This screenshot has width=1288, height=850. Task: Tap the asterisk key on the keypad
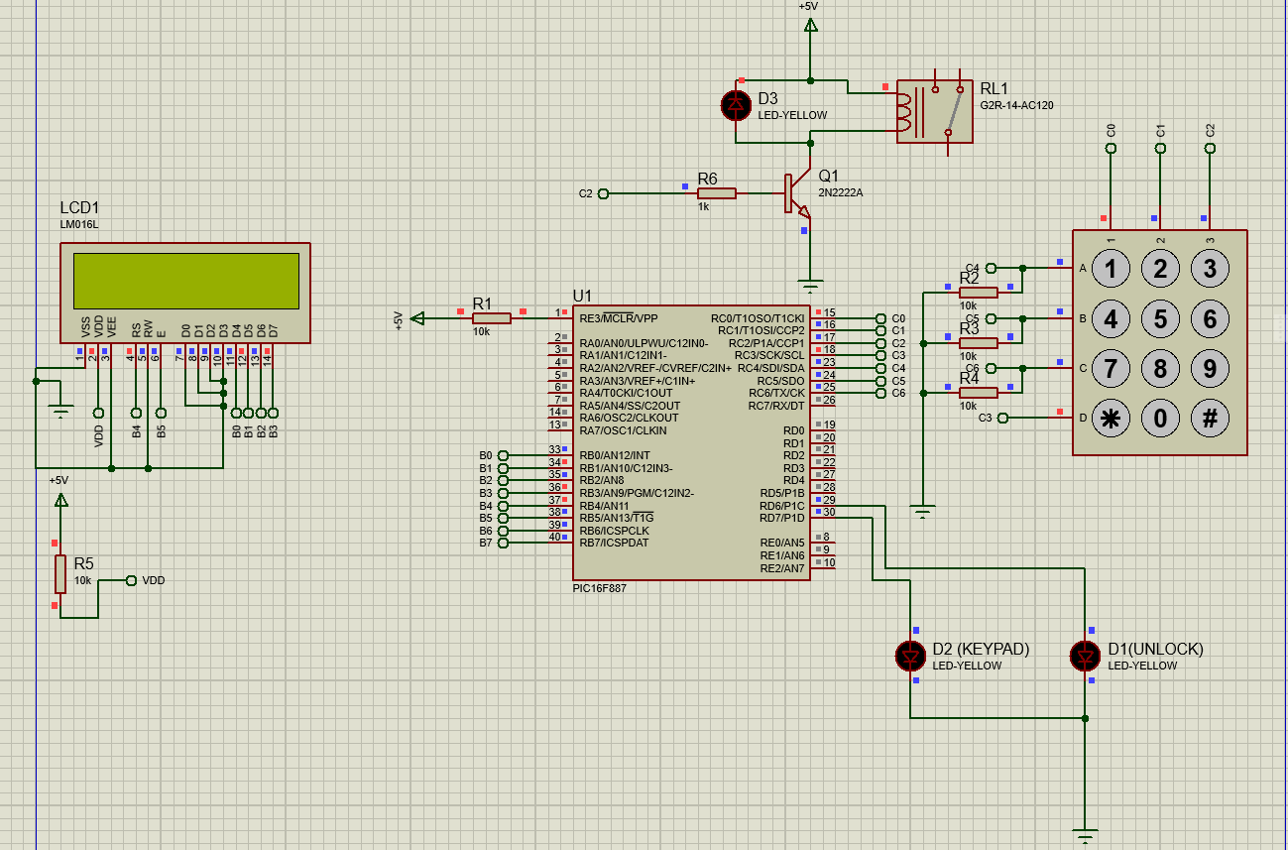point(1111,419)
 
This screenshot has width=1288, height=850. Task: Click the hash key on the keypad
point(1210,419)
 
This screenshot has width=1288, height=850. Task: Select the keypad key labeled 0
point(1160,419)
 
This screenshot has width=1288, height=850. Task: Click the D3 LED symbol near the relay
point(736,105)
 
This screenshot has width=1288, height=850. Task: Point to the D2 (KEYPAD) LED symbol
point(910,656)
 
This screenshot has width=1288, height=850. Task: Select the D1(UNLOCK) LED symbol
point(1085,656)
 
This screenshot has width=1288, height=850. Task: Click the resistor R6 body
point(717,193)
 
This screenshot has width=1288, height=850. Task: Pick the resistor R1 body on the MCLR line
point(491,318)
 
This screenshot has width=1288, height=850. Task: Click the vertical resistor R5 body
point(60,574)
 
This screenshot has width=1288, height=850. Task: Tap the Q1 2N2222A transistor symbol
point(798,193)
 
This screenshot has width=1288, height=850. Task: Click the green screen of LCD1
point(186,281)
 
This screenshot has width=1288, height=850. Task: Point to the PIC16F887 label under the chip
point(599,588)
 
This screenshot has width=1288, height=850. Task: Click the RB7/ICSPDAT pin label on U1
point(614,543)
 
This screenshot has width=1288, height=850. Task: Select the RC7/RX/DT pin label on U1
point(776,406)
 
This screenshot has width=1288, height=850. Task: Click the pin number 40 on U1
point(554,537)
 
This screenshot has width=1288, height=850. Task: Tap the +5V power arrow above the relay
point(811,25)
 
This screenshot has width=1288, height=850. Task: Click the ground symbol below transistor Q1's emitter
point(810,286)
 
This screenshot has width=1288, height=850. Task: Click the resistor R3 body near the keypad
point(978,343)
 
